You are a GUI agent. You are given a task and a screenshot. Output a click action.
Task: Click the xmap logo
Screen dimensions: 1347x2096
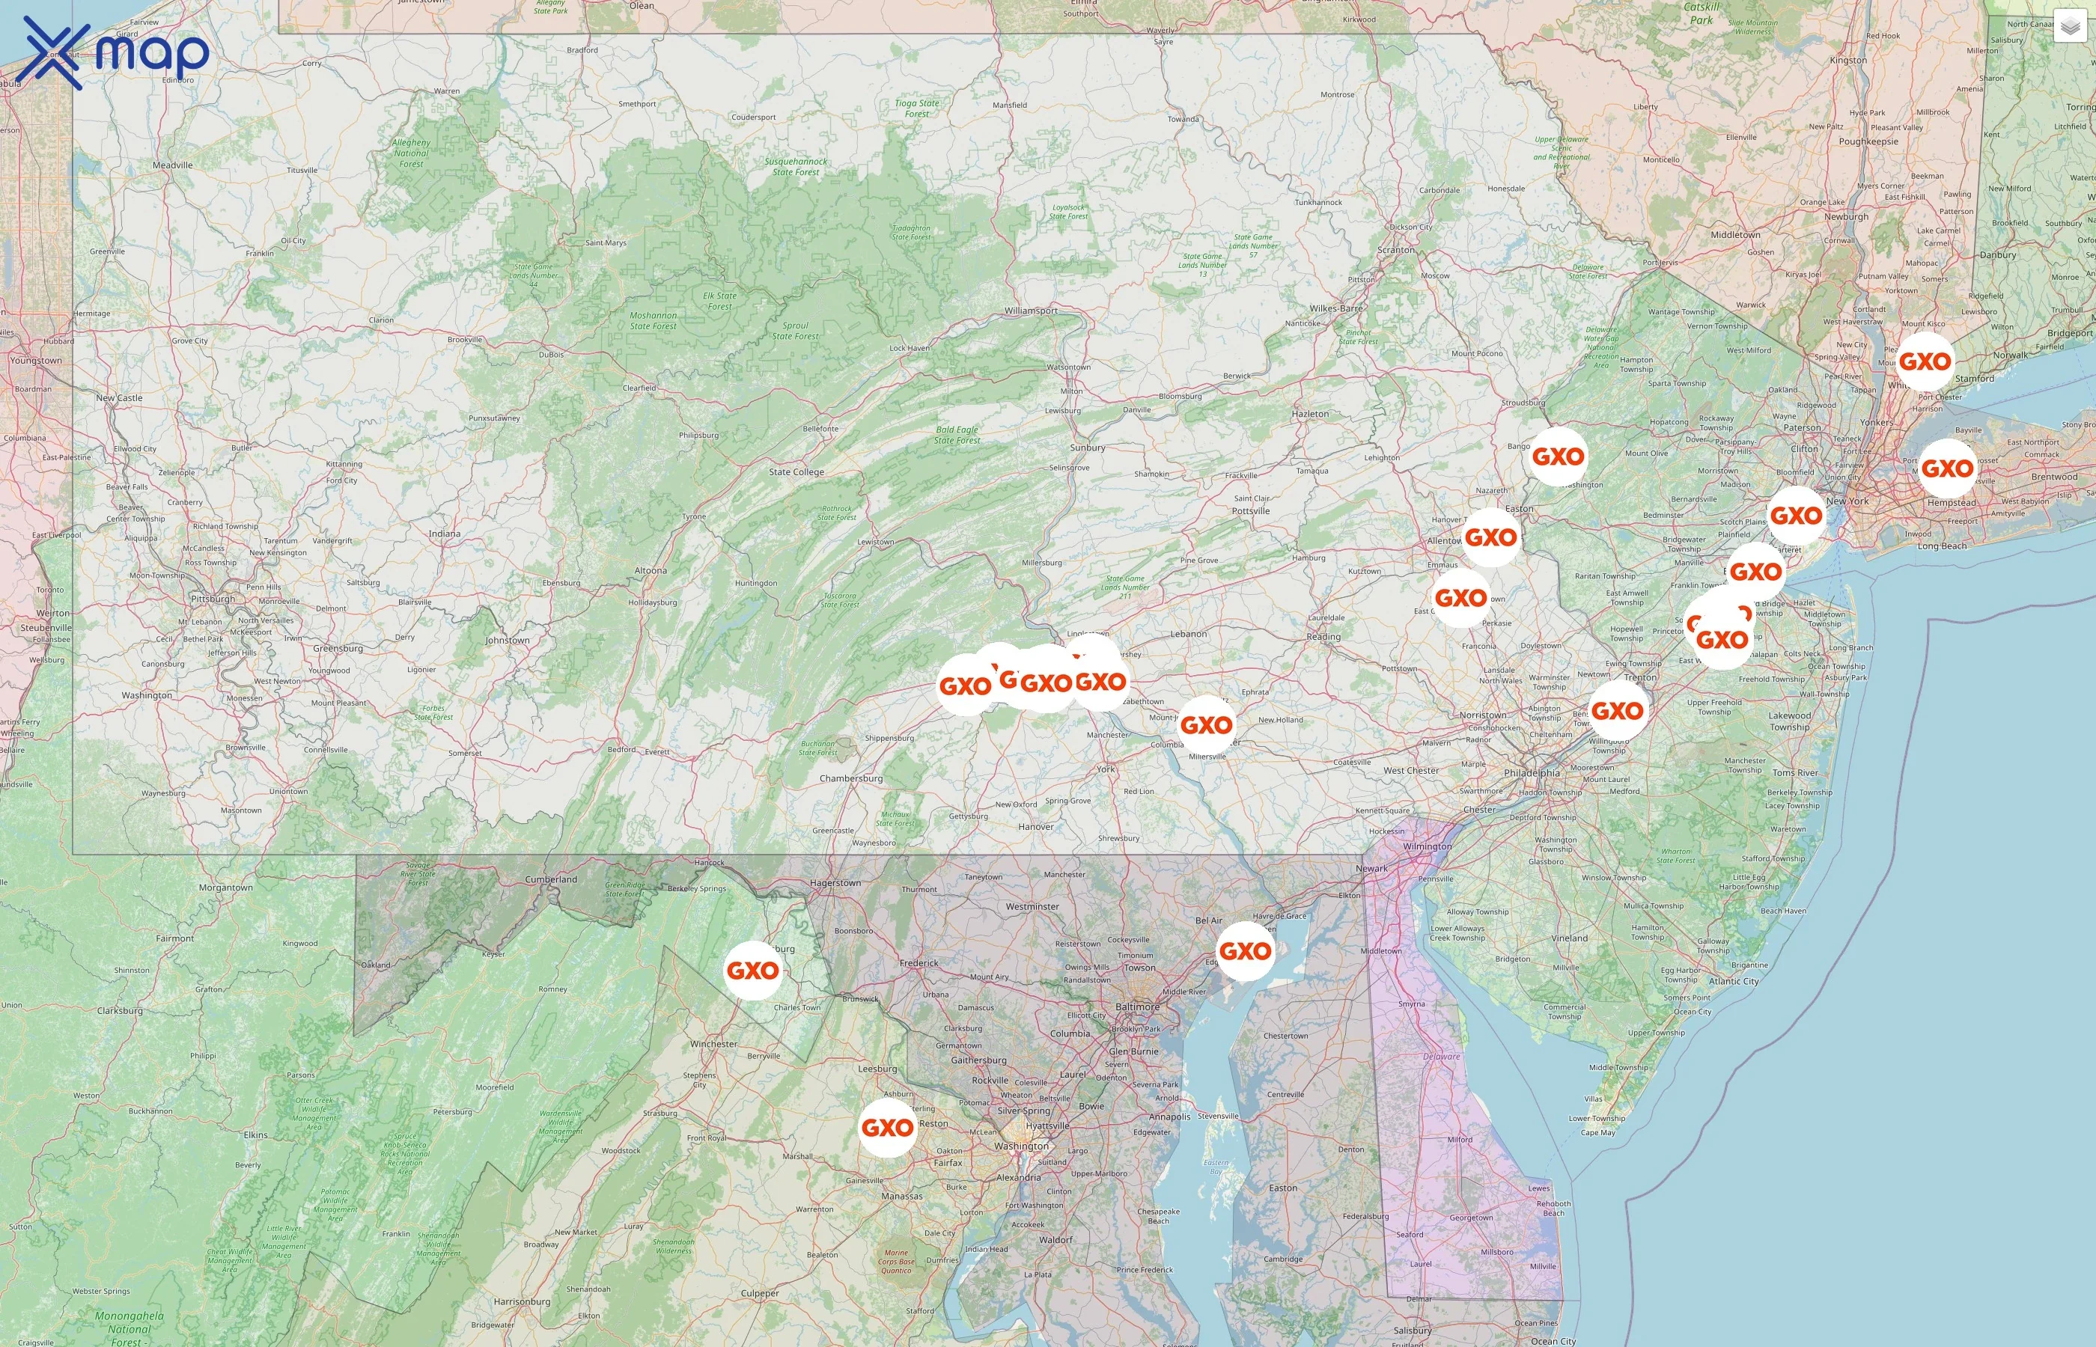tap(115, 52)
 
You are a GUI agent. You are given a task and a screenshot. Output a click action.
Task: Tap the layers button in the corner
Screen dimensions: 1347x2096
tap(2070, 27)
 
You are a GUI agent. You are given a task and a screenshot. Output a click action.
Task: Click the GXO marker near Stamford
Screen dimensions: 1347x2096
tap(1925, 361)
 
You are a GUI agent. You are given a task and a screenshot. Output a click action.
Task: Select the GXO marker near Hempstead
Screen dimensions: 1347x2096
tap(1947, 468)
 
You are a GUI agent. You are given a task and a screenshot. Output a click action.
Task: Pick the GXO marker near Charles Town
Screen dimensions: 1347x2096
tap(752, 970)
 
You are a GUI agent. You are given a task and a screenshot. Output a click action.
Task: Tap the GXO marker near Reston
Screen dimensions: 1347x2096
tap(888, 1128)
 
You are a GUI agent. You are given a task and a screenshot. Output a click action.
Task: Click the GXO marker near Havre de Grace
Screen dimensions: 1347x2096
tap(1245, 951)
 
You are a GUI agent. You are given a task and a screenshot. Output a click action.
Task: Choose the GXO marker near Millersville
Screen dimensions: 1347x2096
tap(1207, 724)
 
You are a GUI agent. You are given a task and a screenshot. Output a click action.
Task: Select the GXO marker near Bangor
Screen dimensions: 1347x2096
tap(1558, 456)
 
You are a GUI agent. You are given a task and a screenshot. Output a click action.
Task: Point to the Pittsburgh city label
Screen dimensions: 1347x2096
tap(213, 599)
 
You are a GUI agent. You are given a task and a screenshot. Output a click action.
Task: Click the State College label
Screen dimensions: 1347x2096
tap(796, 472)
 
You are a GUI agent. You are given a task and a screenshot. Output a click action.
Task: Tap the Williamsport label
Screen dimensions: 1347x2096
tap(1031, 311)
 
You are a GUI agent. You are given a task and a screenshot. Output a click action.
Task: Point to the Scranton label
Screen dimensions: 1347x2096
tap(1395, 250)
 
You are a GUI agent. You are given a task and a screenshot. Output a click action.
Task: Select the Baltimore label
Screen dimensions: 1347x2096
tap(1137, 1007)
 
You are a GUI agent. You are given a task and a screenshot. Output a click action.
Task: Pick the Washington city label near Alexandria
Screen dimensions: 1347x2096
tap(1021, 1146)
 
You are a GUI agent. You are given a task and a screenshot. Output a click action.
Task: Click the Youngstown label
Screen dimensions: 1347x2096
tap(36, 361)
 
